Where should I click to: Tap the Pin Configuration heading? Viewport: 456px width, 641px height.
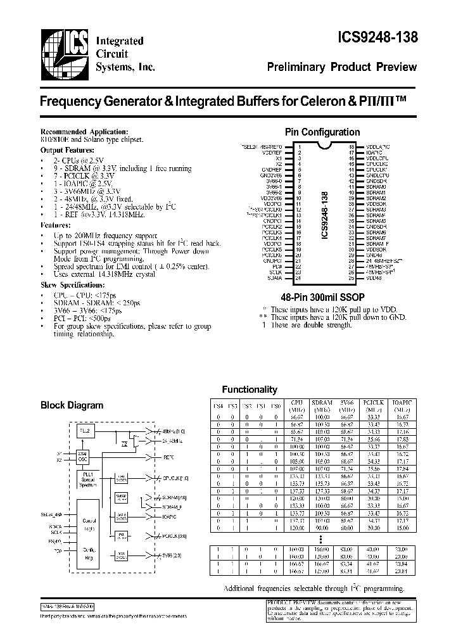point(322,132)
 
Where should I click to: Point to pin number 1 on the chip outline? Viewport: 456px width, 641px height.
point(289,147)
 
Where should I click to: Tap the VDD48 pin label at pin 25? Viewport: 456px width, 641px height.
point(373,277)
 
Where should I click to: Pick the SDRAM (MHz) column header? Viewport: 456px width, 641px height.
point(322,405)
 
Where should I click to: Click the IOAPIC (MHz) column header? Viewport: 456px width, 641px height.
point(402,405)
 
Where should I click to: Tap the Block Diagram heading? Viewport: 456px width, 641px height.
point(72,405)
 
